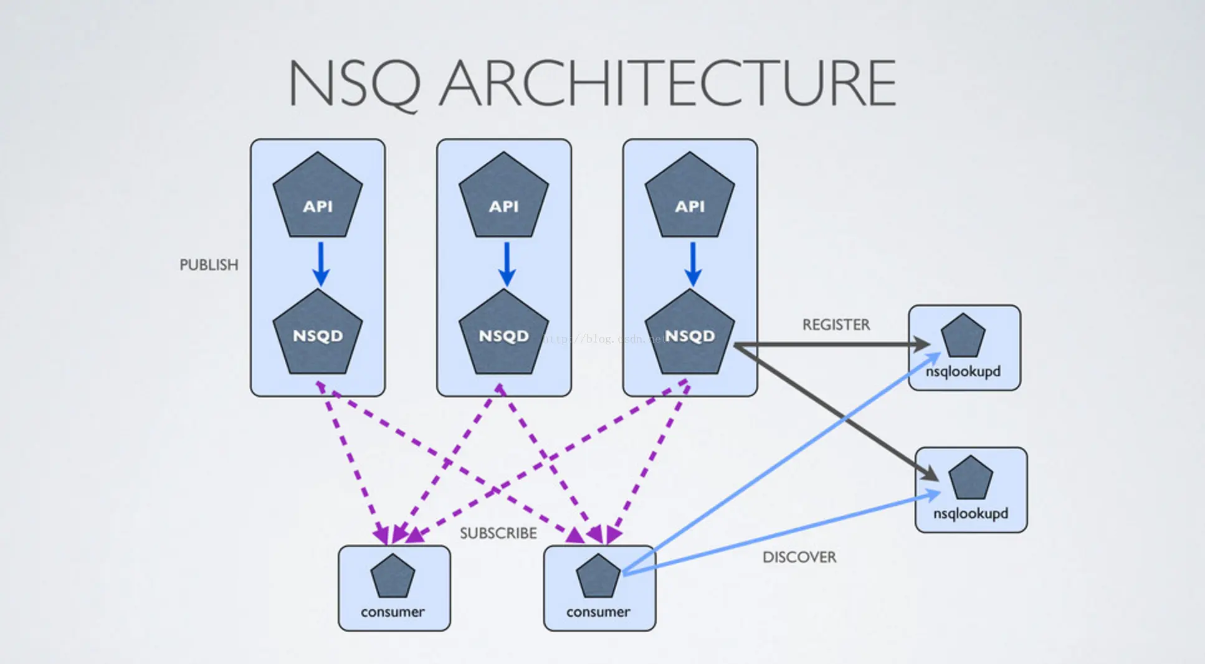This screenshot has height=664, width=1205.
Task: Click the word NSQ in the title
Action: pos(353,84)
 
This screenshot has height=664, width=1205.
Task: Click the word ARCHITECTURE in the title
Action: pos(668,84)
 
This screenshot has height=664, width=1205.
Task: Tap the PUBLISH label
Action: pos(209,265)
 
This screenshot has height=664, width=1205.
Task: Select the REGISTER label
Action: pos(836,325)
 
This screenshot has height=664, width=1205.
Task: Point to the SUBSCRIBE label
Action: pos(498,534)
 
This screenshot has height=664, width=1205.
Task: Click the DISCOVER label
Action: pos(799,557)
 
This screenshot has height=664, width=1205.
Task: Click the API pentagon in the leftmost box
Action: pos(318,198)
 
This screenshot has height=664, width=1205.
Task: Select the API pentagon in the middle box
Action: pos(503,198)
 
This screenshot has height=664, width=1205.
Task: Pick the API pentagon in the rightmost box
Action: pos(690,198)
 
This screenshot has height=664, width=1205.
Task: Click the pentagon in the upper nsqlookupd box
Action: pos(963,337)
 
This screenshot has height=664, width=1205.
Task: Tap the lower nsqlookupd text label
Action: pos(970,514)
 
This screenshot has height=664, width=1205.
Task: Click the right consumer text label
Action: pos(598,612)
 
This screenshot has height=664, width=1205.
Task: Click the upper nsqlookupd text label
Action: pos(963,372)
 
